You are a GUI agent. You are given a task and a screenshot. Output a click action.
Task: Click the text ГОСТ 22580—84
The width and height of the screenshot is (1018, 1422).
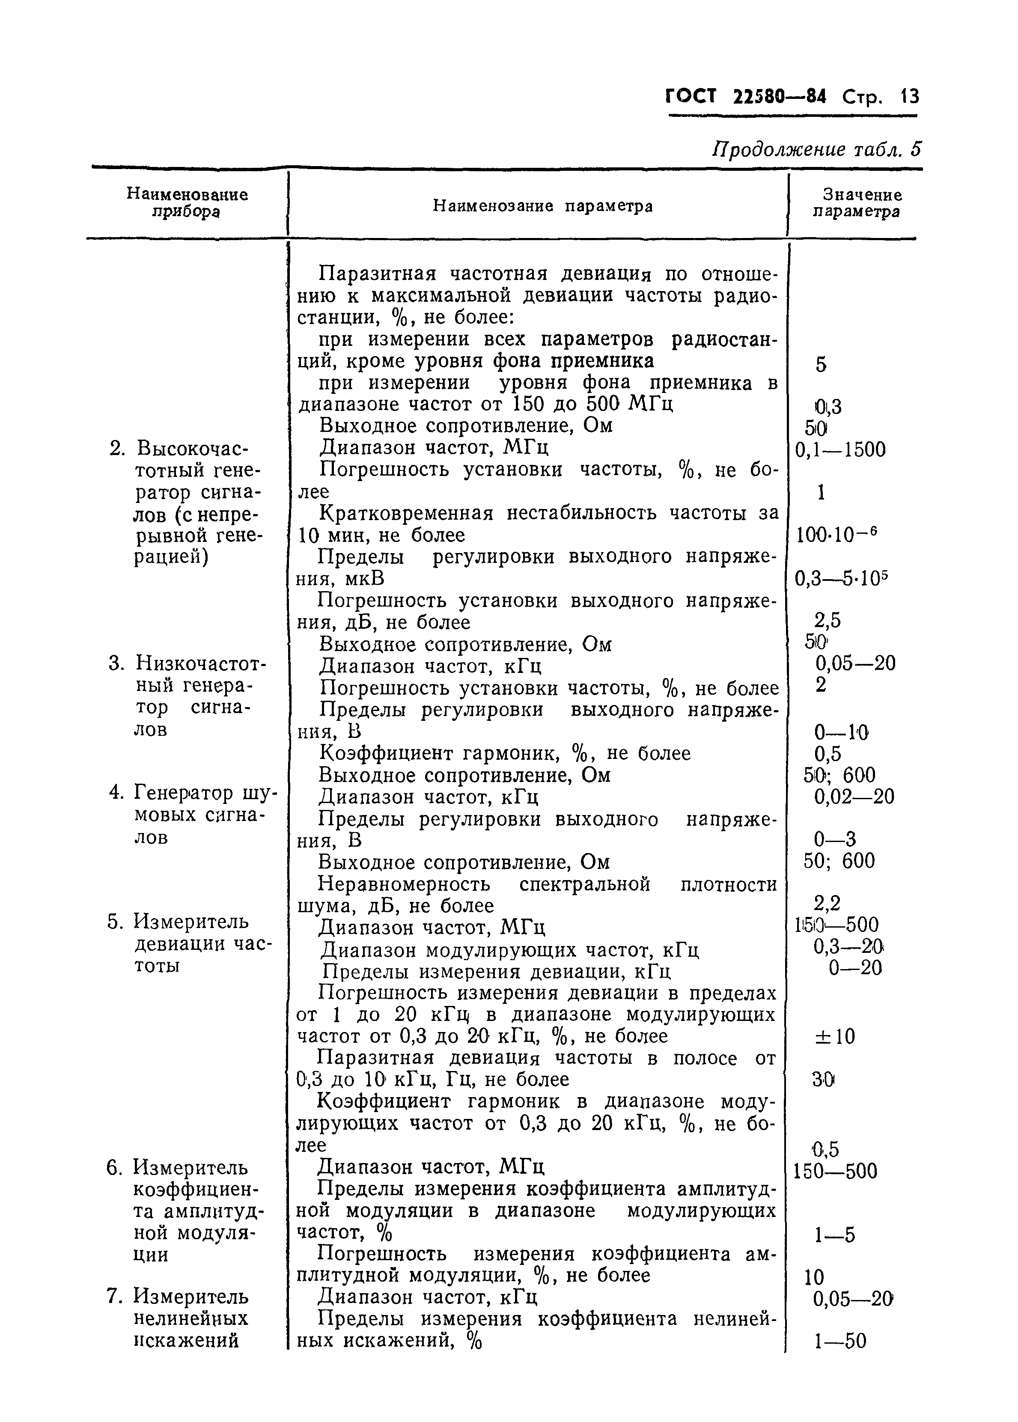pos(745,97)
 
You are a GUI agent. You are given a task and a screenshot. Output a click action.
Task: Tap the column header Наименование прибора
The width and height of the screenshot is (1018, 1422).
pos(187,203)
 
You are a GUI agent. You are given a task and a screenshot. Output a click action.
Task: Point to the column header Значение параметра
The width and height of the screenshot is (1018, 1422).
pos(857,203)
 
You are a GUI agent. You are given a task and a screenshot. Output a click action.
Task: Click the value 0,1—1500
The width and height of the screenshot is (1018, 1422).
pos(840,450)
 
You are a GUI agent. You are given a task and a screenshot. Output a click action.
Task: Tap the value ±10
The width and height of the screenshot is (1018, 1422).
pos(835,1037)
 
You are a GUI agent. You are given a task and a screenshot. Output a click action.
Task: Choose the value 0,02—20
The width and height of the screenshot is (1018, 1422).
pos(854,797)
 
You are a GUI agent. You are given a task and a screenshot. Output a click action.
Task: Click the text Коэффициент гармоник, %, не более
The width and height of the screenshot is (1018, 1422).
pos(505,753)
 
